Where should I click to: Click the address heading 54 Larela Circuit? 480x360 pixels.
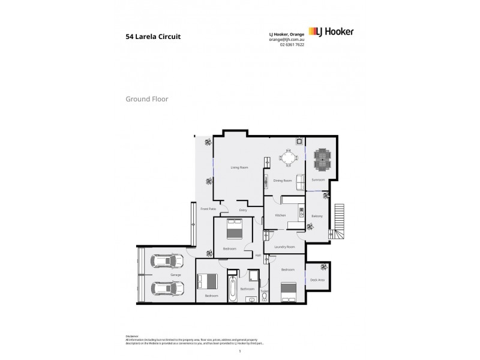(x=152, y=36)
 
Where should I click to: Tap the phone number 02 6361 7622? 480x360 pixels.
(x=292, y=45)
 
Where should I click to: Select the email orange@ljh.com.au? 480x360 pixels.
(x=287, y=40)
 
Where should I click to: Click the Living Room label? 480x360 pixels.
(x=239, y=167)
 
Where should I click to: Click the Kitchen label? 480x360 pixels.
(x=280, y=215)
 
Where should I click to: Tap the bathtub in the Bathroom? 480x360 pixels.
(x=233, y=289)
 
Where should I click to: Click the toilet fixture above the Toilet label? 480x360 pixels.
(x=264, y=296)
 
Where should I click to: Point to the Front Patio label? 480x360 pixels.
(x=208, y=209)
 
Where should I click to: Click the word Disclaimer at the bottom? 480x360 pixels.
(x=132, y=336)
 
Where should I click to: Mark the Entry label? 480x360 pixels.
(x=243, y=210)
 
